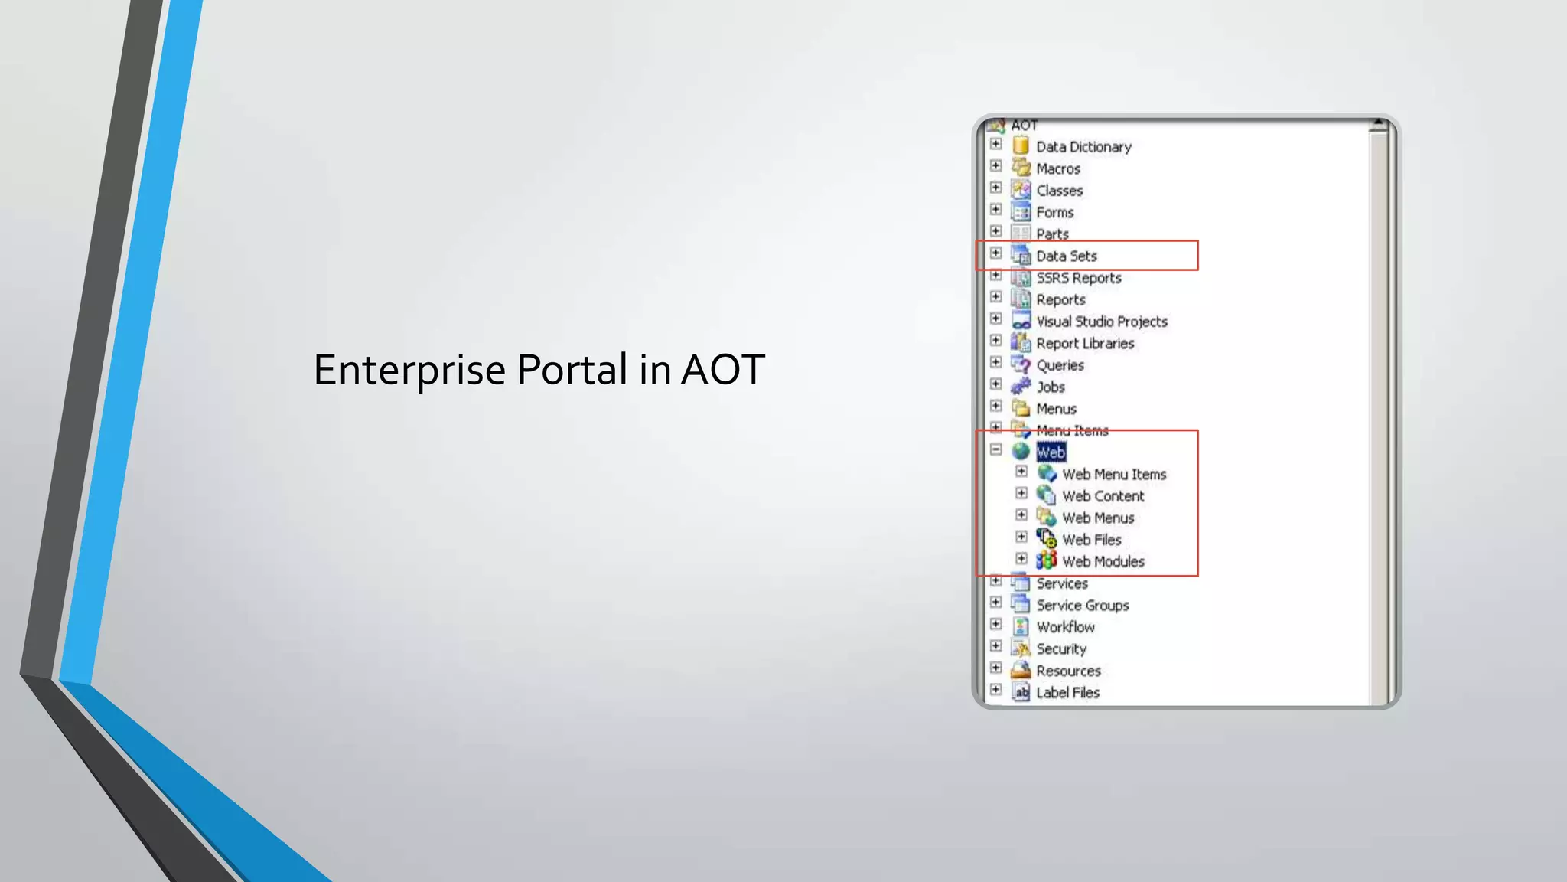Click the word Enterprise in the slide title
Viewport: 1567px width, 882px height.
pyautogui.click(x=409, y=371)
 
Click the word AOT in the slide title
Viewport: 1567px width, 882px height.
pyautogui.click(x=722, y=371)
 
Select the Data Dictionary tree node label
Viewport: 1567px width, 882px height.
pyautogui.click(x=1083, y=147)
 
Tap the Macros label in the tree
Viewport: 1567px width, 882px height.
pyautogui.click(x=1058, y=169)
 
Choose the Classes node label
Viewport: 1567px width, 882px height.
pyautogui.click(x=1060, y=191)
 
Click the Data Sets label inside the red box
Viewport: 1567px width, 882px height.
pyautogui.click(x=1067, y=256)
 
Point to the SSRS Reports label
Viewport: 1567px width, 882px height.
pyautogui.click(x=1079, y=278)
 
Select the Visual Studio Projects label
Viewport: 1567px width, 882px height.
pyautogui.click(x=1102, y=322)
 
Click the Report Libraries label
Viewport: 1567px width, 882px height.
pyautogui.click(x=1085, y=344)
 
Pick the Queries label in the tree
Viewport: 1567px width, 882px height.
pyautogui.click(x=1060, y=365)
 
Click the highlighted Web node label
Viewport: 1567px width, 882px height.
pyautogui.click(x=1051, y=452)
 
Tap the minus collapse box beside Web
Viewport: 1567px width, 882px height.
pyautogui.click(x=995, y=450)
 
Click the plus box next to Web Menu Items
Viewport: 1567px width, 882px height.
pyautogui.click(x=1021, y=472)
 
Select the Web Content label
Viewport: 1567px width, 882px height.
pyautogui.click(x=1103, y=496)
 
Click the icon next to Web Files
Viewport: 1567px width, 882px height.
pyautogui.click(x=1046, y=539)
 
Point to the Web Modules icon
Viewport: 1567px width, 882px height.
pyautogui.click(x=1046, y=560)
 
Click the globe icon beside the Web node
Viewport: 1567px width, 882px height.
pyautogui.click(x=1021, y=452)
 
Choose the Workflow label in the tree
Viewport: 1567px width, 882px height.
pyautogui.click(x=1065, y=627)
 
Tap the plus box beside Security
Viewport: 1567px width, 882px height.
pyautogui.click(x=995, y=646)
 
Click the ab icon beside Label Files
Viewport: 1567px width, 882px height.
pyautogui.click(x=1021, y=692)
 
